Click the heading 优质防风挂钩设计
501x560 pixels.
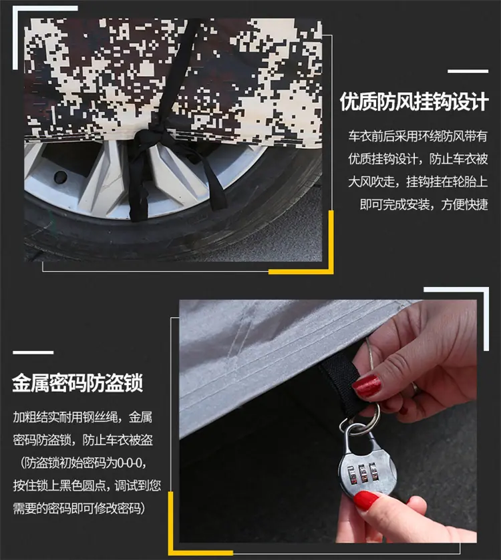(413, 102)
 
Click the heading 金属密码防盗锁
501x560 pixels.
(78, 384)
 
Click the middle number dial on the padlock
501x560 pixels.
(363, 474)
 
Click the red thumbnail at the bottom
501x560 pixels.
(365, 500)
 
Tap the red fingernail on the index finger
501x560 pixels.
(366, 386)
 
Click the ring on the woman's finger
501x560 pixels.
(414, 387)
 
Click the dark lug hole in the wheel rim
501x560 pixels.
(60, 176)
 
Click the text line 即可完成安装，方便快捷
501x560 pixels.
(424, 205)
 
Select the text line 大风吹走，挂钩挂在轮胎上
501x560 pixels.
(418, 182)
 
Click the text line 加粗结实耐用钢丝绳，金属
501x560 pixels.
(83, 417)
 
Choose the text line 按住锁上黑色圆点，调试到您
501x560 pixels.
(87, 486)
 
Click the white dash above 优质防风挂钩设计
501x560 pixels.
(468, 71)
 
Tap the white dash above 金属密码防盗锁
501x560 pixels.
(33, 352)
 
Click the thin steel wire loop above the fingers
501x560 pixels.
(369, 354)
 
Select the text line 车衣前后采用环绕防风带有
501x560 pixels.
(418, 136)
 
